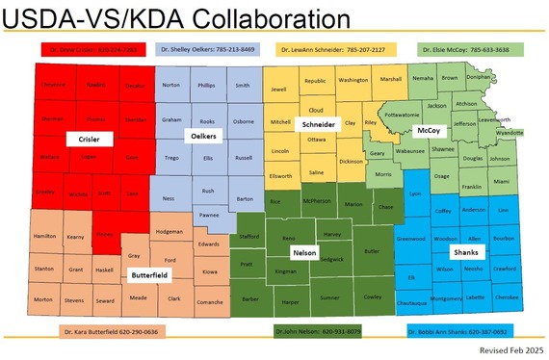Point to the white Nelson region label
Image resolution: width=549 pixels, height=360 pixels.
[x=303, y=251]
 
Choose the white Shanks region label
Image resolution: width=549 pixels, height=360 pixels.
[x=464, y=252]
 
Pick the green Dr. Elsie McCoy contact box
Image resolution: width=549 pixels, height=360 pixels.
[x=464, y=47]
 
